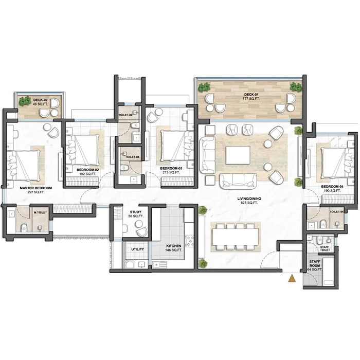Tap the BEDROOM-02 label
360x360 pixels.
(88, 169)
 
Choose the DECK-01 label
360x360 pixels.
(252, 95)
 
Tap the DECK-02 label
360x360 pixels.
(40, 100)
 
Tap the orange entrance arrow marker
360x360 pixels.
(292, 279)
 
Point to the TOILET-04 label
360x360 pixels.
(336, 211)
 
